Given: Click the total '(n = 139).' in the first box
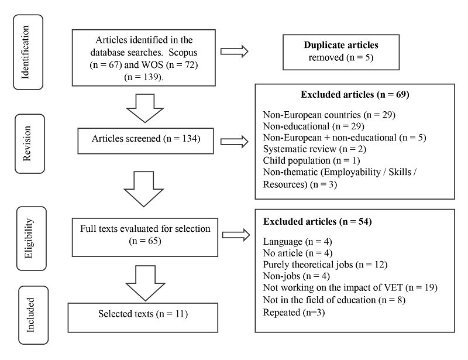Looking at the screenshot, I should coord(145,77).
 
